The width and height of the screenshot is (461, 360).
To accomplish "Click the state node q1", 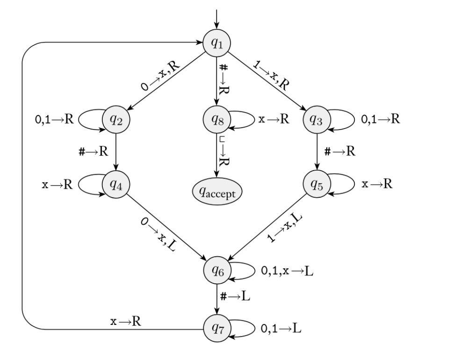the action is coord(216,43).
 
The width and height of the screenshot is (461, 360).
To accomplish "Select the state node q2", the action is coord(116,120).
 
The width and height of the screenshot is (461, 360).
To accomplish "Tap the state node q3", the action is coord(317,120).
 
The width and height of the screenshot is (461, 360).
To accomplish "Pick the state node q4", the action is coord(116,184).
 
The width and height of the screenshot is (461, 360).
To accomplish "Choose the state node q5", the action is coord(317,184).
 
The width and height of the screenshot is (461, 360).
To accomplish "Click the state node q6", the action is coord(217,270).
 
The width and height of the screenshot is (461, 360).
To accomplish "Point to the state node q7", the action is coord(217,328).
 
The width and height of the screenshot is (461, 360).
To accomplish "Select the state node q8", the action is coord(217,120).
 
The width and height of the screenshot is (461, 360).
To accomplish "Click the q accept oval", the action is coord(217,192).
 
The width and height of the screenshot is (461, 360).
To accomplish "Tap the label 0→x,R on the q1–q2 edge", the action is coord(160,76).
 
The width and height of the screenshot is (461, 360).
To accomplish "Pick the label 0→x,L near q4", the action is coord(158,234).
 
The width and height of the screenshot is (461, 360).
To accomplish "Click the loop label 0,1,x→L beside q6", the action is coord(287,271).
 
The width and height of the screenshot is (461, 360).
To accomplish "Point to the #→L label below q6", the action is coord(235,296).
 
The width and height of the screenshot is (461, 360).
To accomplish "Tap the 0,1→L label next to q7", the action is coord(281,328).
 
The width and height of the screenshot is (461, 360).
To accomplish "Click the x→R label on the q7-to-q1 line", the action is coord(126,321).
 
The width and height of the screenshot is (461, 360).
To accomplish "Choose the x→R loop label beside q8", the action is coord(274,119).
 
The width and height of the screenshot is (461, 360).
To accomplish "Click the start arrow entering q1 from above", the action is coord(216,19).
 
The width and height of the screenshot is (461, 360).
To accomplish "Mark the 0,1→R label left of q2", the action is coord(54,119).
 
